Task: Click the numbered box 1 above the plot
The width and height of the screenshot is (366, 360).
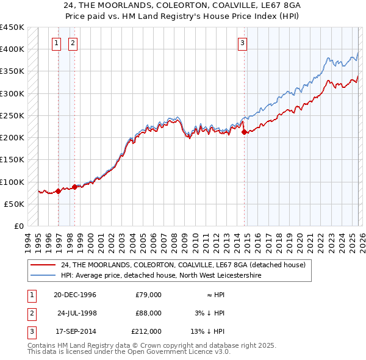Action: [56, 43]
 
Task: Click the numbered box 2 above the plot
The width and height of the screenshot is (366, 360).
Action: [73, 43]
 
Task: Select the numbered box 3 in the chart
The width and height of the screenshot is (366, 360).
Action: [243, 43]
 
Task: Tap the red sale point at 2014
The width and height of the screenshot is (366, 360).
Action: [244, 132]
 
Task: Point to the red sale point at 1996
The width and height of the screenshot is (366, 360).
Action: [59, 191]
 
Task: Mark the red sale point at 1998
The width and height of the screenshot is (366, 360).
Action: [75, 187]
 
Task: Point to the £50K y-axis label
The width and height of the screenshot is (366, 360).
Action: [14, 204]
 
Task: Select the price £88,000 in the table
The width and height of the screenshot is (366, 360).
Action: [148, 313]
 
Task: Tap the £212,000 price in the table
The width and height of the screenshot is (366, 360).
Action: [146, 331]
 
